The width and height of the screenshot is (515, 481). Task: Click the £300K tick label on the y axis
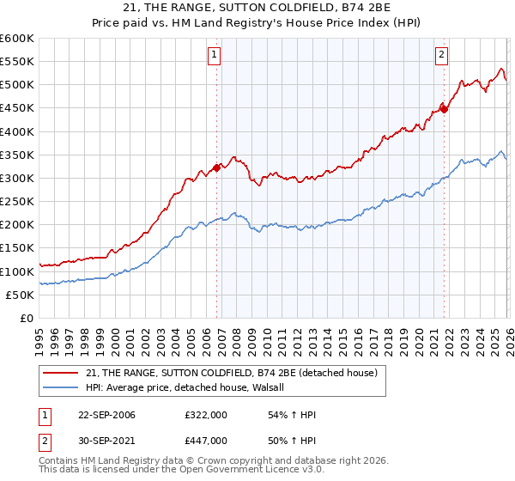coord(16,178)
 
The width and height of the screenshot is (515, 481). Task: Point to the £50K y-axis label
coord(20,295)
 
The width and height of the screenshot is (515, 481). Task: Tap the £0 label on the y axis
coord(27,318)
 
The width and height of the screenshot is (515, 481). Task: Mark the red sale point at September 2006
coord(216,167)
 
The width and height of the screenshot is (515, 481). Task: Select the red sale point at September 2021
coord(444,109)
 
